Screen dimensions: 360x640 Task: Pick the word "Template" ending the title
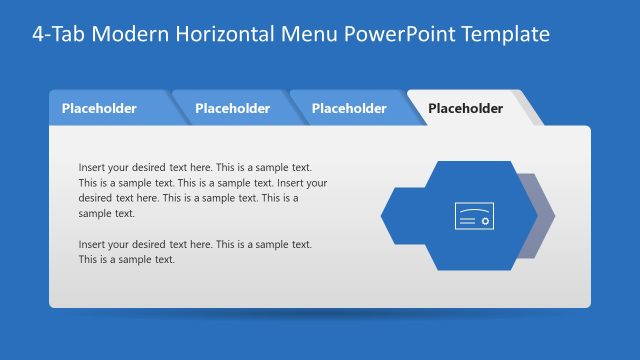click(502, 33)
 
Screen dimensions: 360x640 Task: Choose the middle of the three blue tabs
click(232, 108)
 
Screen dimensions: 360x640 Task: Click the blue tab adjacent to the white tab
click(349, 108)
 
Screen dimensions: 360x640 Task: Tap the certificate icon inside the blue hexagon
click(473, 216)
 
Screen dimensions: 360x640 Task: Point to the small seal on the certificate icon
click(484, 222)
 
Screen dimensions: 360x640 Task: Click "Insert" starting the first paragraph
click(92, 168)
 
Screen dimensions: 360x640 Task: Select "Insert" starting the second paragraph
click(92, 244)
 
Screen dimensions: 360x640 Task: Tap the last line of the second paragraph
click(126, 259)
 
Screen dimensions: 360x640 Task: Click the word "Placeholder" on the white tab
click(465, 108)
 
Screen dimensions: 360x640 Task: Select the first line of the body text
click(195, 168)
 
